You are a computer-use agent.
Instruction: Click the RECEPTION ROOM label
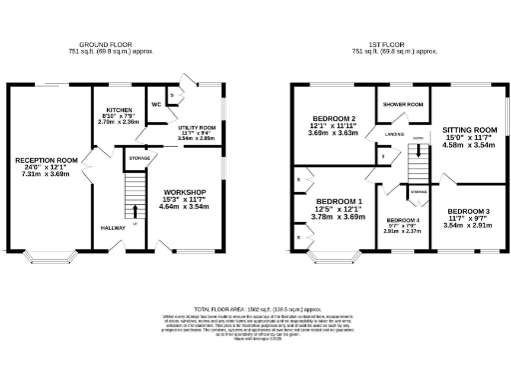pos(46,159)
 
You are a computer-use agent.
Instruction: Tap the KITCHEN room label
pos(123,111)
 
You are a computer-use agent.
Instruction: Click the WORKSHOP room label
pos(184,191)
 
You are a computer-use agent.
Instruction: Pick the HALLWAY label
pos(112,228)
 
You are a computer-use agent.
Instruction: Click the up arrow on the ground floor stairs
pos(134,209)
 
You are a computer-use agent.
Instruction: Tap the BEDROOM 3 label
pos(469,212)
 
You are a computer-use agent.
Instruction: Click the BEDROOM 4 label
pos(403,220)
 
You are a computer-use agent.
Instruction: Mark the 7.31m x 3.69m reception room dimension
pos(46,174)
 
